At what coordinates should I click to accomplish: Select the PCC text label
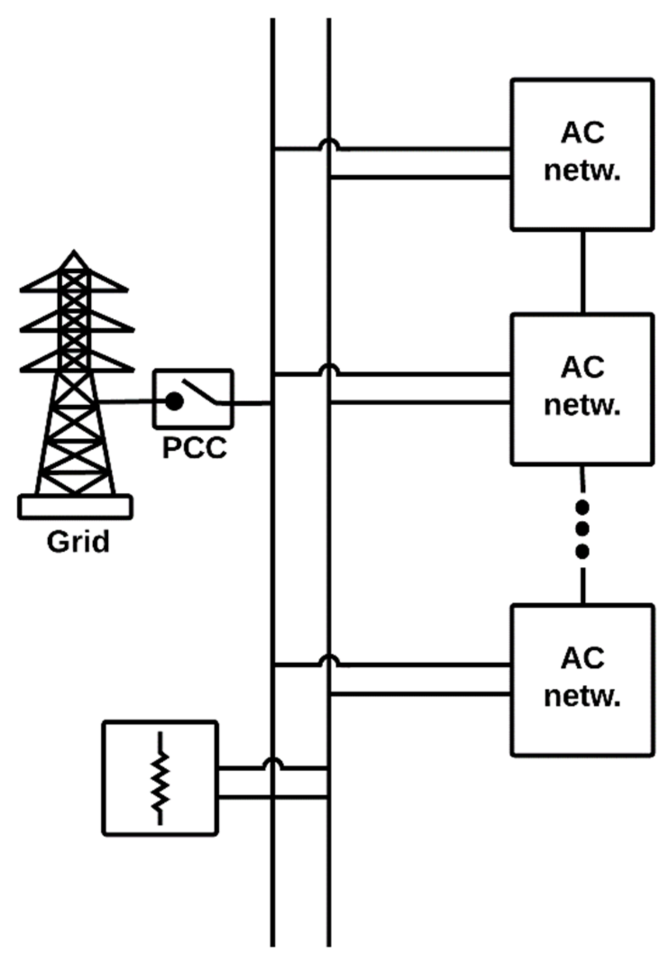click(x=194, y=448)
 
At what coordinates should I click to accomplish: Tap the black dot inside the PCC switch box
click(x=174, y=401)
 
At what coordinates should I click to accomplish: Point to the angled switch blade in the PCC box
click(x=199, y=390)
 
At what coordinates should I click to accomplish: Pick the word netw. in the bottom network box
click(x=582, y=696)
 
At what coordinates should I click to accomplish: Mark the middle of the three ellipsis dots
click(x=582, y=529)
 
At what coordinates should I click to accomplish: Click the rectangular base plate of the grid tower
click(x=75, y=507)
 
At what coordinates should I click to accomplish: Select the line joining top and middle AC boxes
click(x=583, y=272)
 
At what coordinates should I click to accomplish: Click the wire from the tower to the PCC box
click(x=126, y=401)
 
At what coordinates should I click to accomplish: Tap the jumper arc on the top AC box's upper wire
click(x=329, y=144)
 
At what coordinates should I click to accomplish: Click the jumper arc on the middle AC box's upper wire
click(x=329, y=370)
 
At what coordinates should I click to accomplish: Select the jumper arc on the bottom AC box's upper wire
click(x=329, y=660)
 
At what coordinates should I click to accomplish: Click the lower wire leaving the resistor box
click(x=273, y=798)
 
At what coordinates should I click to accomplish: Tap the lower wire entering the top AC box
click(x=421, y=177)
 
